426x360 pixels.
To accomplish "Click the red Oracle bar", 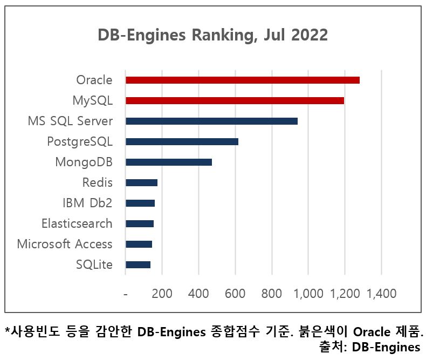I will pyautogui.click(x=242, y=80).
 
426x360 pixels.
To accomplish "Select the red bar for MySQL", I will pyautogui.click(x=235, y=100).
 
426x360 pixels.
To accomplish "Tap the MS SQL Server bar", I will pyautogui.click(x=211, y=121).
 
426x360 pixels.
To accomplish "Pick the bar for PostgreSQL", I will pyautogui.click(x=182, y=141).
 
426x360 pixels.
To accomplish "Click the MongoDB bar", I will pyautogui.click(x=169, y=162).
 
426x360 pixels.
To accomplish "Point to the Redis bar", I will pyautogui.click(x=141, y=182).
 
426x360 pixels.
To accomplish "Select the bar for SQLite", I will pyautogui.click(x=138, y=264).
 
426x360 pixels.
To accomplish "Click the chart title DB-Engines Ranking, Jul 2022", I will pyautogui.click(x=212, y=35).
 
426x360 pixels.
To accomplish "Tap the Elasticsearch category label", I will pyautogui.click(x=77, y=223).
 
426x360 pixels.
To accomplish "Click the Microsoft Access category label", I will pyautogui.click(x=65, y=244).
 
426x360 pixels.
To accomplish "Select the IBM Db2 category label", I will pyautogui.click(x=87, y=203).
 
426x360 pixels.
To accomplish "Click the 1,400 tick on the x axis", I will pyautogui.click(x=381, y=294).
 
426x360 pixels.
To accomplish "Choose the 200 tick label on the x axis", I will pyautogui.click(x=162, y=294).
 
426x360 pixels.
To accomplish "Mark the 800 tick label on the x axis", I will pyautogui.click(x=271, y=294).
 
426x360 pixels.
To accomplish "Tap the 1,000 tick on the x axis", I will pyautogui.click(x=308, y=294).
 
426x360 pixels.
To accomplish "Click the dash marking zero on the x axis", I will pyautogui.click(x=125, y=294).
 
